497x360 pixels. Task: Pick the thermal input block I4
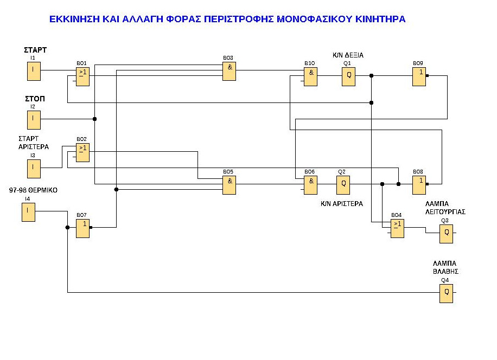[x=28, y=211]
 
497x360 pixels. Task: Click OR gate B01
[x=82, y=76]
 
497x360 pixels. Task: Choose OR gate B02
[x=82, y=152]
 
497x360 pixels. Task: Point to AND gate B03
[x=229, y=71]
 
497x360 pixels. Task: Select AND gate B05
[x=229, y=184]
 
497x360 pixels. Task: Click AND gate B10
[x=310, y=76]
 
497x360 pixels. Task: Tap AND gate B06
[x=310, y=185]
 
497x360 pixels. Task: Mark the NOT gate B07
[x=82, y=228]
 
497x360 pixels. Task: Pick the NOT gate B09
[x=419, y=76]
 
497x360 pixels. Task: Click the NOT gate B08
[x=419, y=185]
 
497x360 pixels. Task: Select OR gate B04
[x=397, y=228]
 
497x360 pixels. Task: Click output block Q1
[x=348, y=76]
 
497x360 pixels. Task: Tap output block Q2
[x=343, y=185]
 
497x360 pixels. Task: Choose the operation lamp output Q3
[x=446, y=234]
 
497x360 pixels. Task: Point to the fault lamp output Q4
[x=446, y=293]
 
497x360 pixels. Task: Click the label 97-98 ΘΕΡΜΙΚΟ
[x=34, y=190]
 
